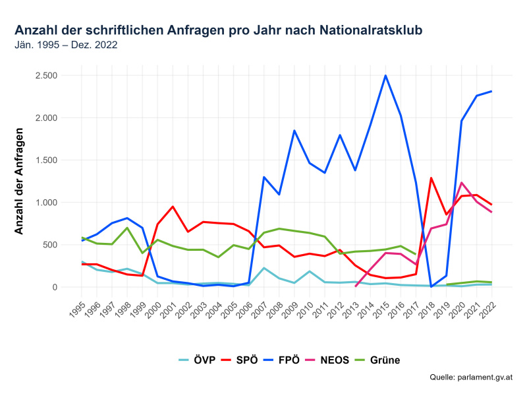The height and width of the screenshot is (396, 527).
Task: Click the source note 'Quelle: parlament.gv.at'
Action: [x=470, y=378]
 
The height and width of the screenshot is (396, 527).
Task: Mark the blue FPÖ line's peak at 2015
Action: [x=385, y=75]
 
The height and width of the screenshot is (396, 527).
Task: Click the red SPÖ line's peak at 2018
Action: [x=431, y=178]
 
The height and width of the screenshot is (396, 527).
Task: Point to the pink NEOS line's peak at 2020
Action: [x=461, y=183]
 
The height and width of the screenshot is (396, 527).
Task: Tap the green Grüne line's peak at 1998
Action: [x=127, y=228]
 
